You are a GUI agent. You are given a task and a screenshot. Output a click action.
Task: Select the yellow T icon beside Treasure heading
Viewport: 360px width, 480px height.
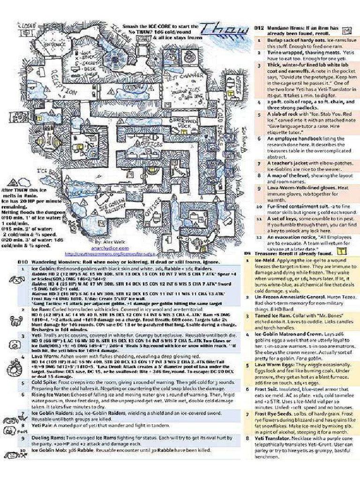click(x=342, y=252)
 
